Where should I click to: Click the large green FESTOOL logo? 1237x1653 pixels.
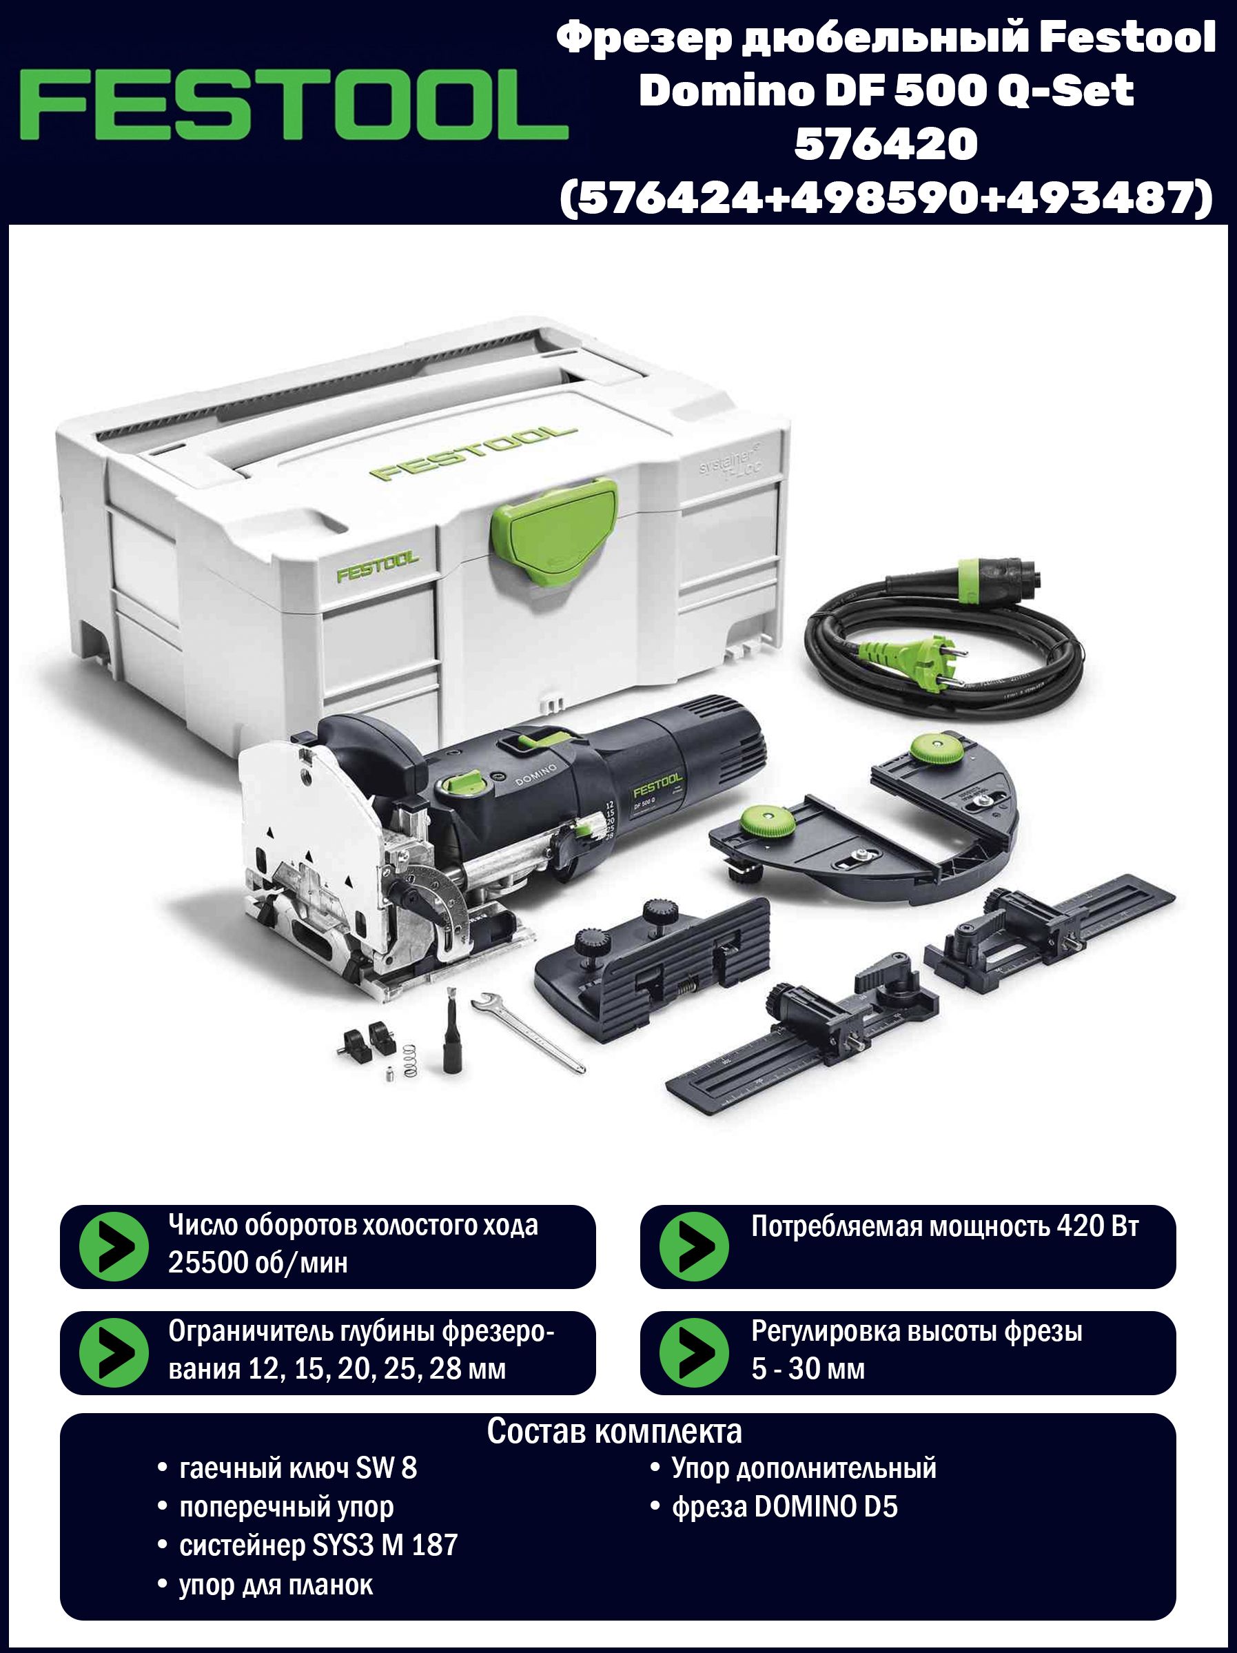(x=294, y=104)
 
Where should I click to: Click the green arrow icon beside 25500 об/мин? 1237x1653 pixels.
(x=114, y=1246)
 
